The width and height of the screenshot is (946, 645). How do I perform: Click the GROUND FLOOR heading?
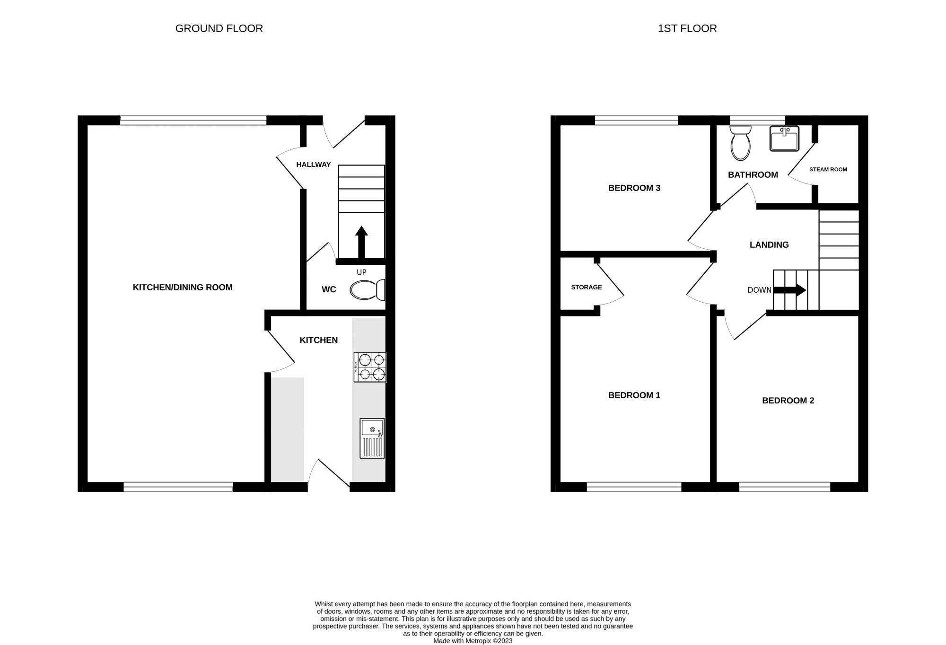219,28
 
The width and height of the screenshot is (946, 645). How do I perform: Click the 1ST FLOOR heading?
687,28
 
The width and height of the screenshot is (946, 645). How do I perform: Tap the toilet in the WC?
368,290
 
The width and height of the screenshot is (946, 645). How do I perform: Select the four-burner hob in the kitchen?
370,367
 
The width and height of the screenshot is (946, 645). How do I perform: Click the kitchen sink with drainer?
372,438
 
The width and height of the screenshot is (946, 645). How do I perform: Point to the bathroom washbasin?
784,138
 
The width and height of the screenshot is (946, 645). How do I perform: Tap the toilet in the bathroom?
741,143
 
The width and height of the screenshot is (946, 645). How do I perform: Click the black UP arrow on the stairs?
361,242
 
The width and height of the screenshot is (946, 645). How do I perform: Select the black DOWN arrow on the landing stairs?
789,290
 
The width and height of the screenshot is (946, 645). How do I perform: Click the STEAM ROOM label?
828,169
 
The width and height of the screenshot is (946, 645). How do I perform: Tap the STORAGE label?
587,287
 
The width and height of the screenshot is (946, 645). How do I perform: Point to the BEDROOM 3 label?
634,188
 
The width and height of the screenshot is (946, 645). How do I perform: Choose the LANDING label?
769,244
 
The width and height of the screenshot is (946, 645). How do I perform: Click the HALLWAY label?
314,165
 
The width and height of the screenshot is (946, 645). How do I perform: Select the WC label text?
329,289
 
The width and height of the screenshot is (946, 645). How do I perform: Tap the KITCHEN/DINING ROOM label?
183,287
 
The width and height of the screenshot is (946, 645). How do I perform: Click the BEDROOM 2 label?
788,401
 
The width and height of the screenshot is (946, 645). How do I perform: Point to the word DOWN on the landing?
760,290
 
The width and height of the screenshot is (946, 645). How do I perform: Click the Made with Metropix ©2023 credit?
473,641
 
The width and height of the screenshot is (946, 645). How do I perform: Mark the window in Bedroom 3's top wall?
636,121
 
